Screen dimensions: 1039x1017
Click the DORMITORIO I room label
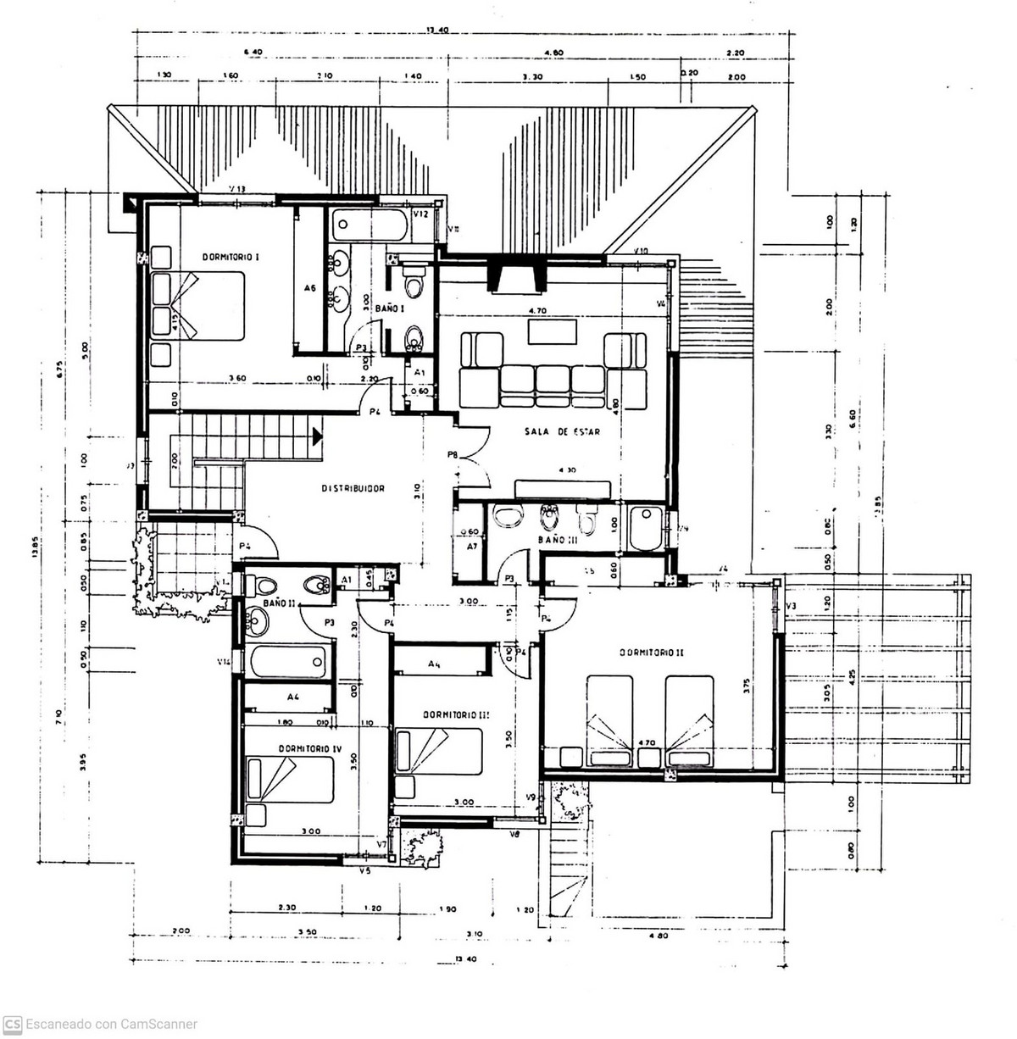(x=230, y=256)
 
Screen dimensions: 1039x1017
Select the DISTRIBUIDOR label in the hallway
(x=353, y=489)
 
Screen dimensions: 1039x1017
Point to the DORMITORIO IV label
(x=310, y=748)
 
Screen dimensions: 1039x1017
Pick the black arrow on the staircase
(x=317, y=436)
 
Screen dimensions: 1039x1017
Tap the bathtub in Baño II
(x=286, y=660)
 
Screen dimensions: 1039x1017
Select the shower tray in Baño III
(x=647, y=529)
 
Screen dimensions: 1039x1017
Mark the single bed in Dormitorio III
(x=438, y=751)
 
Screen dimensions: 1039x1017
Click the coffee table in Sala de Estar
(x=553, y=331)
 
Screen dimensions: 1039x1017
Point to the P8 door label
(x=453, y=456)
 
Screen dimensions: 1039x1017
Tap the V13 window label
(x=237, y=189)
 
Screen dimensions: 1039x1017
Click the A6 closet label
(x=309, y=289)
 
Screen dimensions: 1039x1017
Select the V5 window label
(x=365, y=870)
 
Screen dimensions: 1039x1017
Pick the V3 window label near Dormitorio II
(x=791, y=605)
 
